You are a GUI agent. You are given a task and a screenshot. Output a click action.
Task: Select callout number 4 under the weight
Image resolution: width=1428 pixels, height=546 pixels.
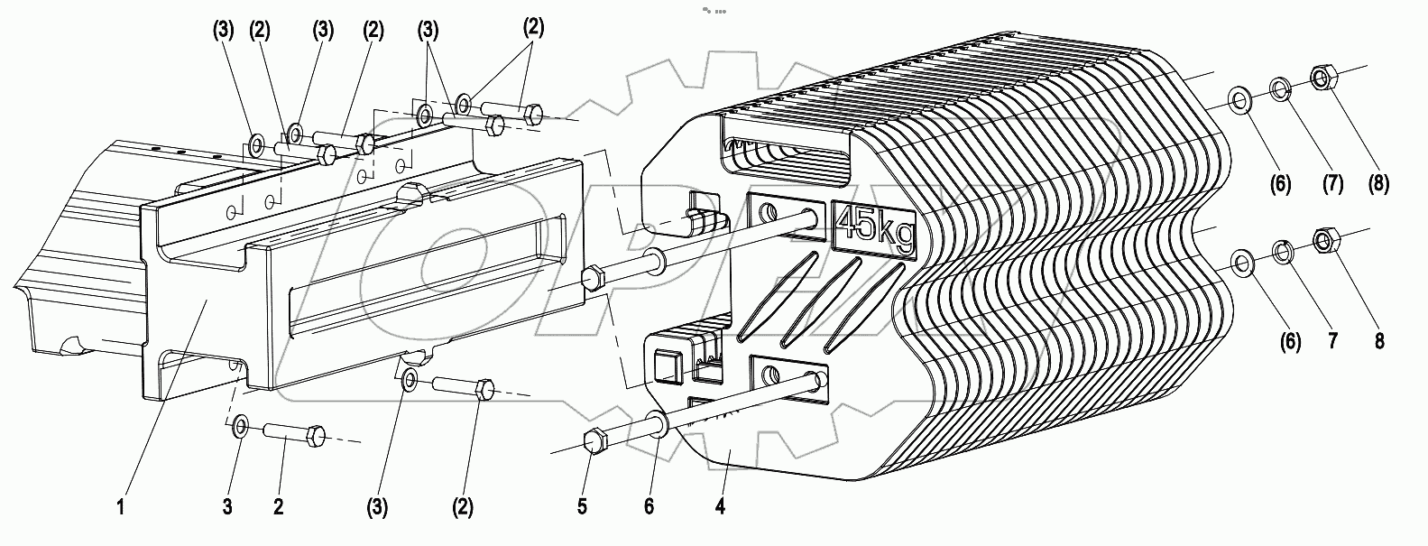719,507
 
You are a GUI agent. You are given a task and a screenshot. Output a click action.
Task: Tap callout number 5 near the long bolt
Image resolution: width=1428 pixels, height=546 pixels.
582,507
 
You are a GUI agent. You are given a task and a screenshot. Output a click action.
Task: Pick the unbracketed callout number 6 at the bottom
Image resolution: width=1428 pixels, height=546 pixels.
648,507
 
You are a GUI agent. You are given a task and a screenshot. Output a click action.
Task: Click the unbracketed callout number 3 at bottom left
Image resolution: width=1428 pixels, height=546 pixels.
227,507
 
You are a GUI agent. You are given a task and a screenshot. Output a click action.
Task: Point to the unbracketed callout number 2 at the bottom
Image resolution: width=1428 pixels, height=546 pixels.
279,507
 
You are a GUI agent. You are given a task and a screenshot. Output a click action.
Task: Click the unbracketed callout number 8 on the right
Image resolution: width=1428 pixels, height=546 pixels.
1379,341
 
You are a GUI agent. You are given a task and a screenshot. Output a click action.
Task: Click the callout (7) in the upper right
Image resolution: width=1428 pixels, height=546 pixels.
1331,184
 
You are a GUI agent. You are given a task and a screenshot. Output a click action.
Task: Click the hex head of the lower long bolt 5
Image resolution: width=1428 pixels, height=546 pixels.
595,441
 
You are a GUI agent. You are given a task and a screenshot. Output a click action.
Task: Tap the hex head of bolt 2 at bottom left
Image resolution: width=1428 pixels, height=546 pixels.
316,435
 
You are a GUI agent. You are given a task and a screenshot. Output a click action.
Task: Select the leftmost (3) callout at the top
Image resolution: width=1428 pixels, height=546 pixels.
223,29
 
